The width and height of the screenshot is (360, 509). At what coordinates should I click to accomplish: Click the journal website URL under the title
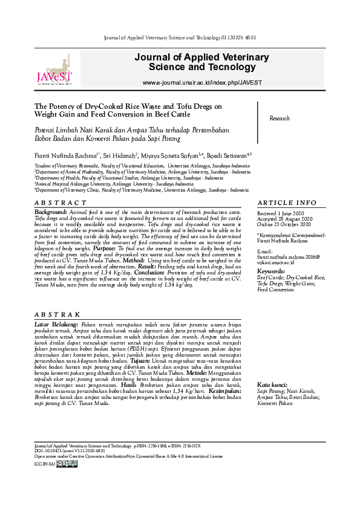[202, 82]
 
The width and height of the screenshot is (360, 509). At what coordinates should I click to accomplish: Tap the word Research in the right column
[280, 118]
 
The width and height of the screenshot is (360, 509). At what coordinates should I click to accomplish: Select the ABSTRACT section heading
[61, 203]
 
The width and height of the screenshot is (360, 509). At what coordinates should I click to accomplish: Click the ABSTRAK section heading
[57, 314]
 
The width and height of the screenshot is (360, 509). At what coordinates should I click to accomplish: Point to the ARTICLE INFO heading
[286, 203]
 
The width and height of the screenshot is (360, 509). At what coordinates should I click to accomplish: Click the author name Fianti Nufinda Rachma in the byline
[67, 155]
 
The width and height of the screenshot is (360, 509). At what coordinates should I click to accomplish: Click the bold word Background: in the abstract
[50, 213]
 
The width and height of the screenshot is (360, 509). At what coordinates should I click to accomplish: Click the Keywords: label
[270, 272]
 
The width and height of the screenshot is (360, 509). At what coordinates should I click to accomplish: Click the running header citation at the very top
[180, 37]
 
